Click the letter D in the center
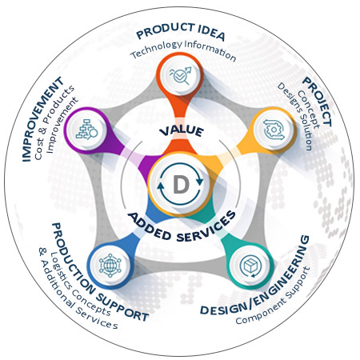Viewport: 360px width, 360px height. pyautogui.click(x=181, y=184)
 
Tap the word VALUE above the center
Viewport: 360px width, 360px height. pyautogui.click(x=182, y=131)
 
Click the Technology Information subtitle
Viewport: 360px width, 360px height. pyautogui.click(x=183, y=50)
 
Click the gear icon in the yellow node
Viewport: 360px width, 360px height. pyautogui.click(x=274, y=130)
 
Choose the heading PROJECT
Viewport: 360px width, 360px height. pyautogui.click(x=318, y=102)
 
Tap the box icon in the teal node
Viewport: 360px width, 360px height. pyautogui.click(x=251, y=266)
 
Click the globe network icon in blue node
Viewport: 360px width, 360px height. pyautogui.click(x=110, y=266)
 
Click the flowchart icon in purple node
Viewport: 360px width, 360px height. pyautogui.click(x=87, y=130)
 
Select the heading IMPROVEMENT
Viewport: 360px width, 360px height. pyautogui.click(x=42, y=119)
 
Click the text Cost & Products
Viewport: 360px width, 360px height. pyautogui.click(x=54, y=122)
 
